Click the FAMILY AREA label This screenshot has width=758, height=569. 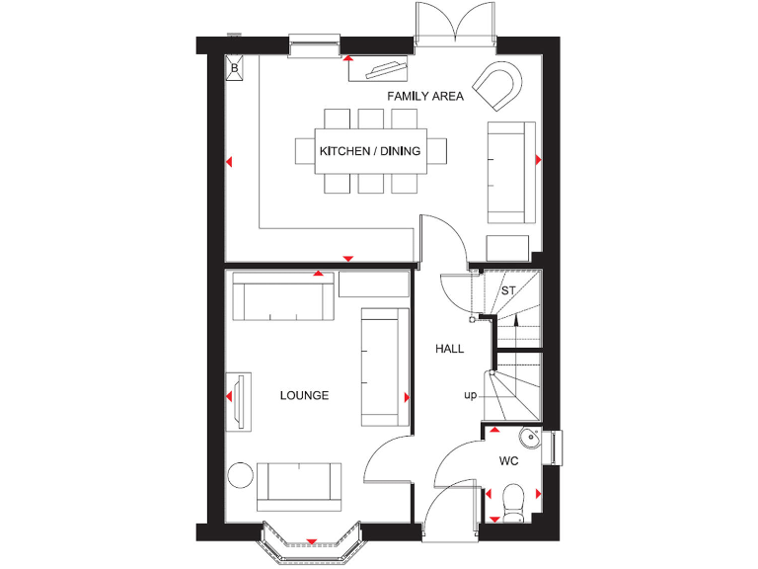coord(425,96)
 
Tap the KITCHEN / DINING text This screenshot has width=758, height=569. coord(369,151)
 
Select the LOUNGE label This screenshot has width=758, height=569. coord(304,395)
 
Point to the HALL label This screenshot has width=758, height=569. coord(450,349)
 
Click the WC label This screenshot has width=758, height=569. coord(509,461)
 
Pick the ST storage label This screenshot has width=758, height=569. coord(509,291)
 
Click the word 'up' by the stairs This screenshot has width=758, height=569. coord(471,395)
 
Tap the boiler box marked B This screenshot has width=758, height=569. coord(235,68)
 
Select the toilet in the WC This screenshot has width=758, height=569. coord(512,501)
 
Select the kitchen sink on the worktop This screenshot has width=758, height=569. coord(387,69)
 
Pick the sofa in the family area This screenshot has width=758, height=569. coord(511,172)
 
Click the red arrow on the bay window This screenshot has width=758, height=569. coord(312,541)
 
